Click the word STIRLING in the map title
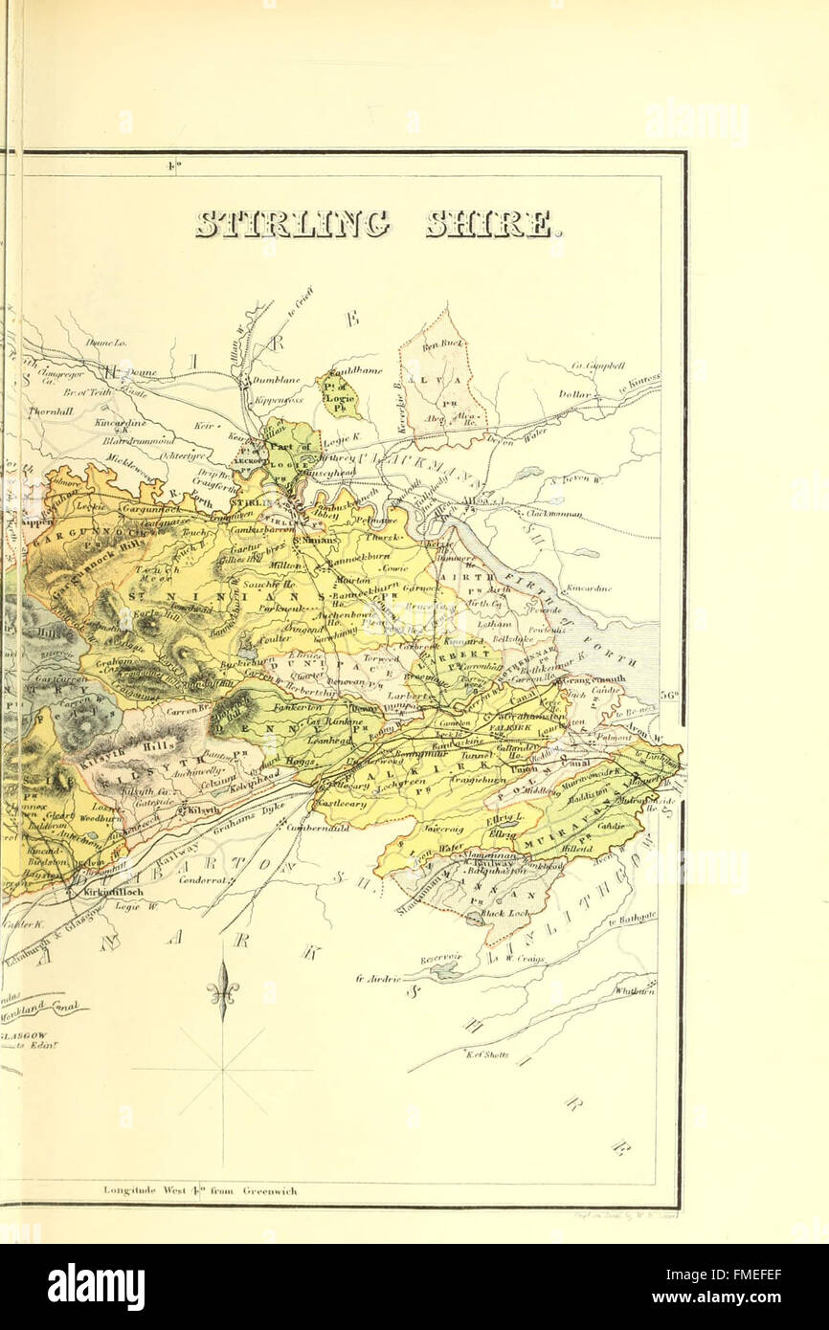point(293,224)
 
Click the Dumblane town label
point(277,380)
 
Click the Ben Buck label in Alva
point(443,344)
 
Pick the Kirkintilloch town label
point(114,891)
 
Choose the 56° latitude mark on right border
point(668,696)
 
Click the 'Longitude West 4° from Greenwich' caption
point(200,1191)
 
